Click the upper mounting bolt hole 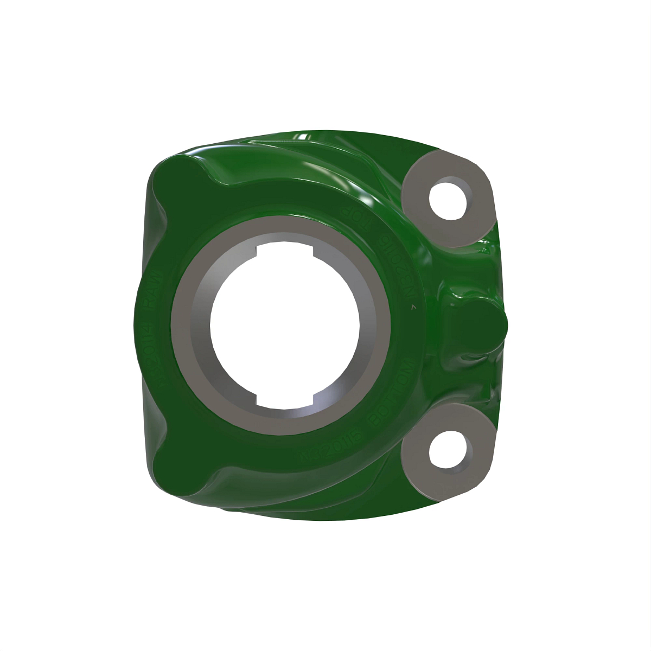(x=448, y=199)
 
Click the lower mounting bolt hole (x=448, y=450)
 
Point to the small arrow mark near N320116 (x=413, y=307)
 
